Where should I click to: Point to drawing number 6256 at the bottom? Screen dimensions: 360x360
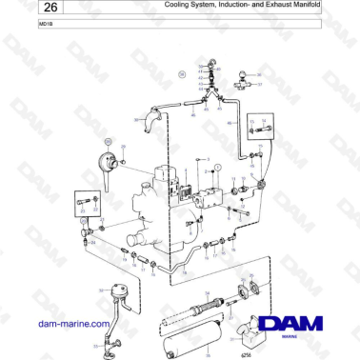click(247, 353)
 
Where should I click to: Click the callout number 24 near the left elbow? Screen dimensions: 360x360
click(92, 243)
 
